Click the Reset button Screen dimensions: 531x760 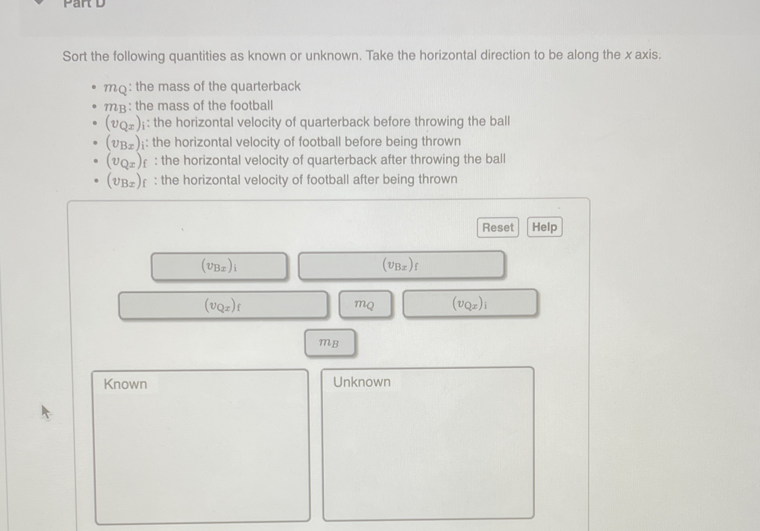[x=498, y=228]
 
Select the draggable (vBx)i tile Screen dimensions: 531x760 [x=219, y=266]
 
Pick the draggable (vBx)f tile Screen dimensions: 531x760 [x=401, y=265]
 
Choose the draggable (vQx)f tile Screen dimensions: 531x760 [x=223, y=306]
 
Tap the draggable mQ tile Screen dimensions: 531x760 [x=365, y=305]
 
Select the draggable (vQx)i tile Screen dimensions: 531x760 [x=470, y=304]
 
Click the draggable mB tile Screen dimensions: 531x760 [x=329, y=343]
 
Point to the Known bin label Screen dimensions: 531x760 [x=125, y=384]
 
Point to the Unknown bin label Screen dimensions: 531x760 [x=362, y=382]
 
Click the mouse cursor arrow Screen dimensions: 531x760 [x=45, y=411]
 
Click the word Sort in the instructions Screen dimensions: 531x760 [x=75, y=56]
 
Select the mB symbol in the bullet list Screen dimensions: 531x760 [x=115, y=107]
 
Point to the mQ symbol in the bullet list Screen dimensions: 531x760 [x=115, y=88]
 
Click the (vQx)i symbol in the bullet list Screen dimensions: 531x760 [x=125, y=124]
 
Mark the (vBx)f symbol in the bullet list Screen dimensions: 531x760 [x=126, y=182]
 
